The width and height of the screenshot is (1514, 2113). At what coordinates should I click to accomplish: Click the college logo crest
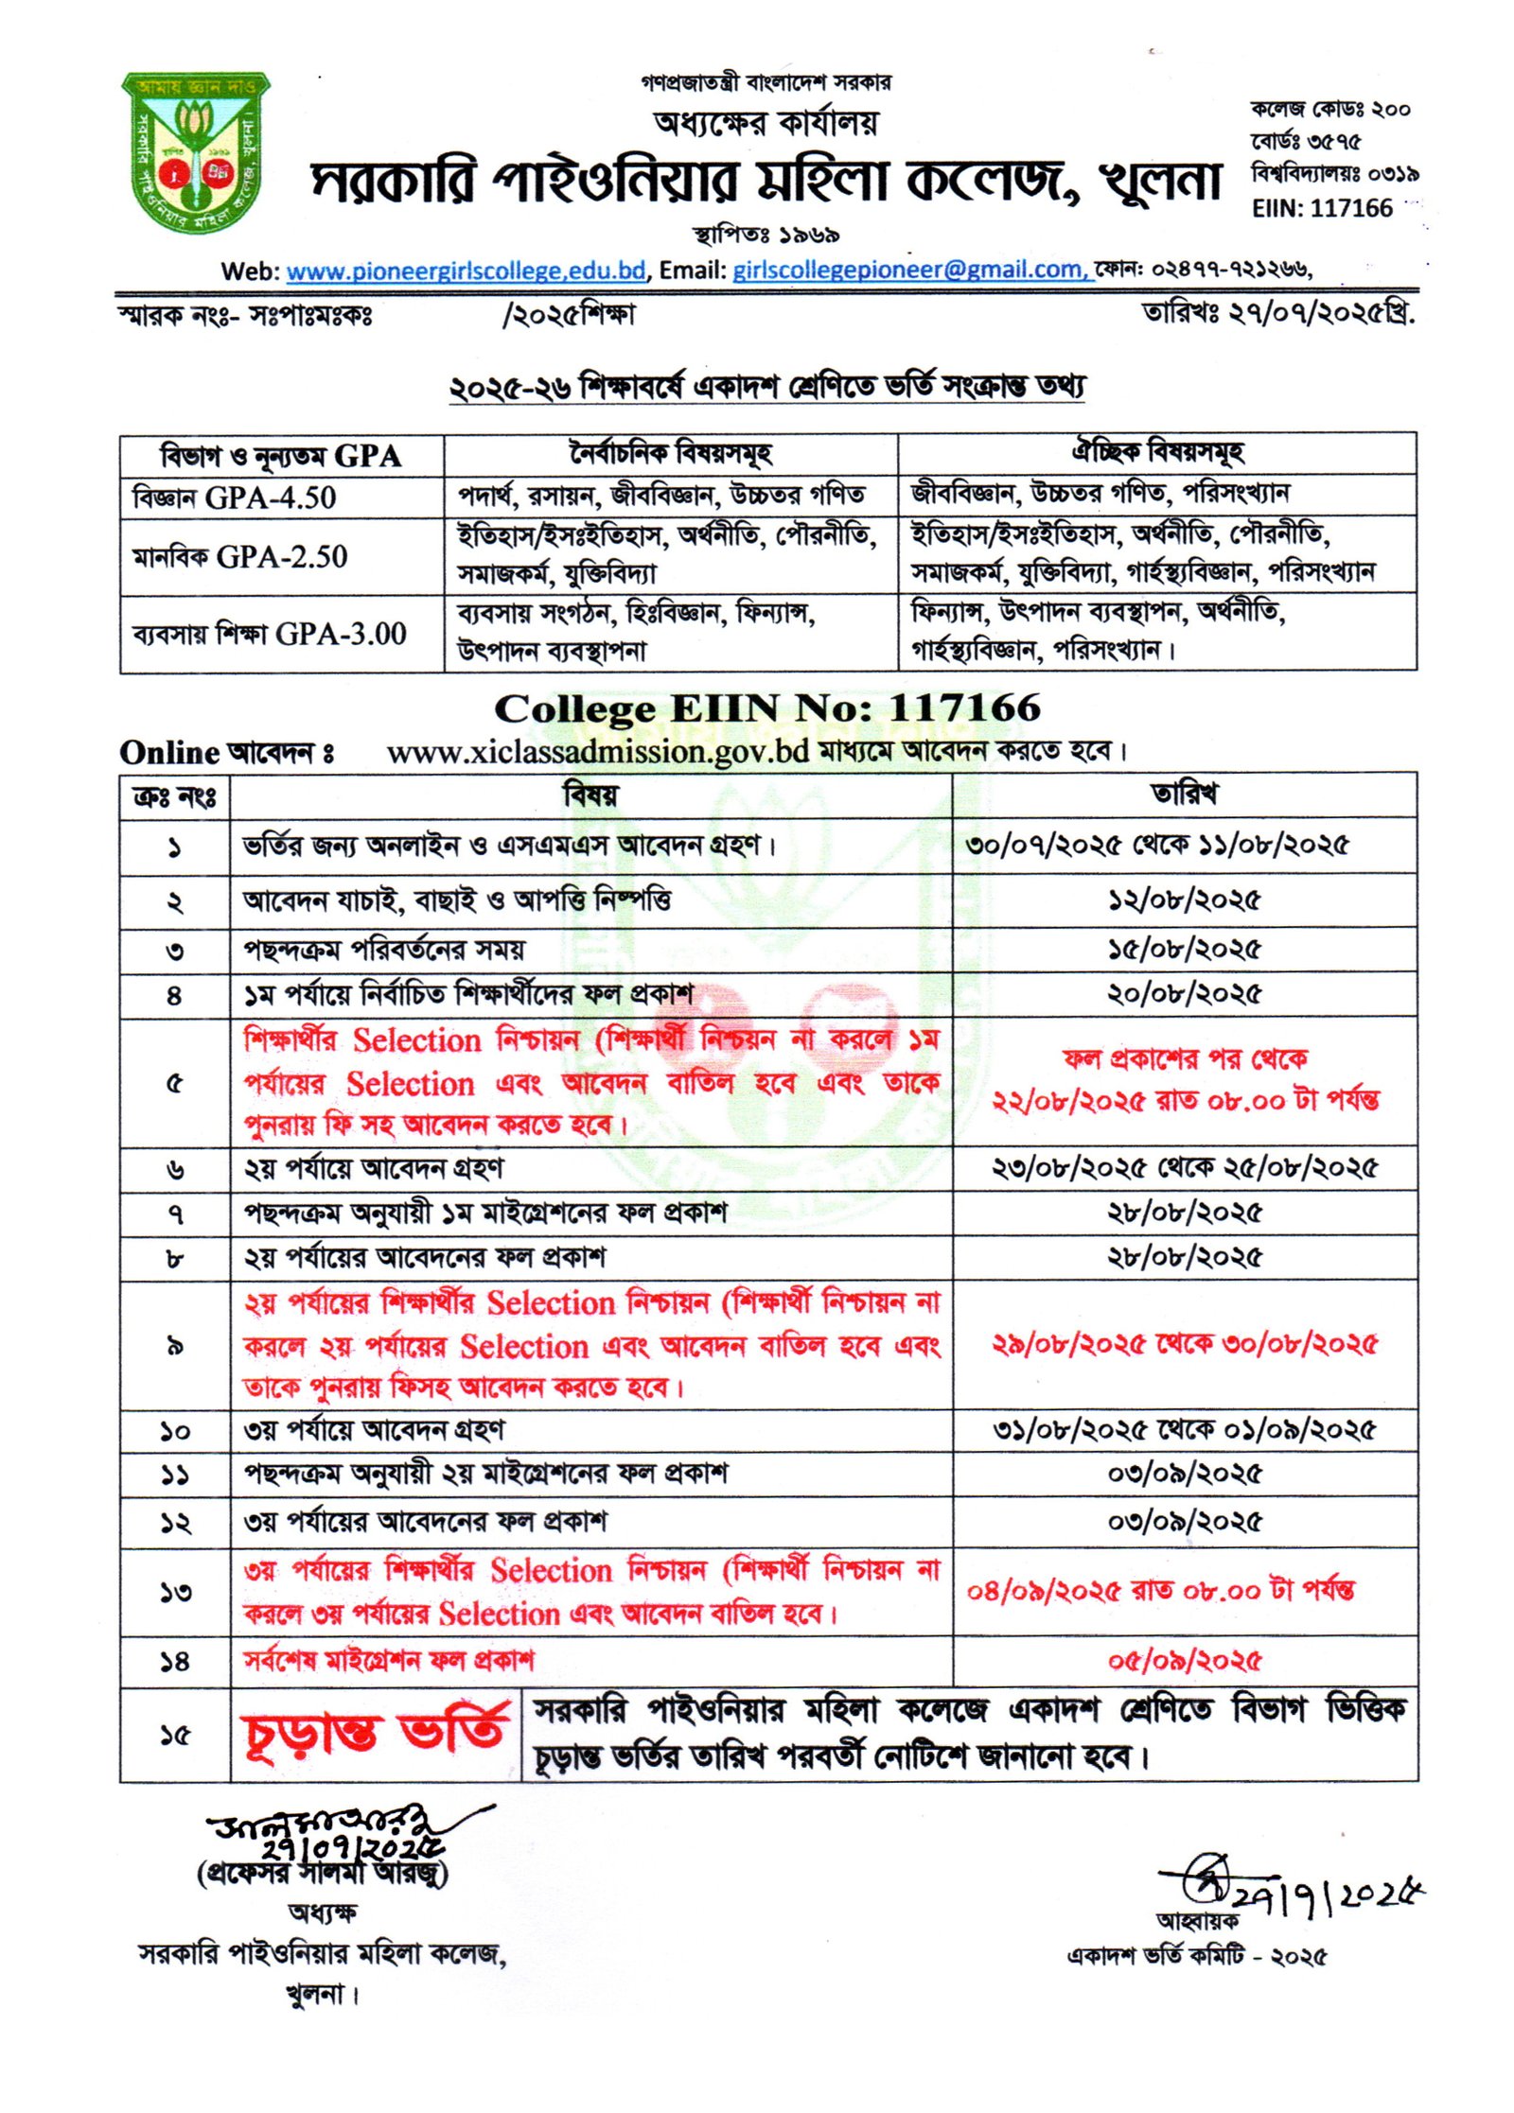tap(197, 153)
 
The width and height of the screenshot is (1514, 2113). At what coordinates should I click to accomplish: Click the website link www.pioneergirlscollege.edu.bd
tap(466, 271)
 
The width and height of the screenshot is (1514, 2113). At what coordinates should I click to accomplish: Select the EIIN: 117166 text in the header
tap(1322, 208)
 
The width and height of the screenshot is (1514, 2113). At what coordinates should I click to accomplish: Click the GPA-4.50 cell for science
tap(235, 498)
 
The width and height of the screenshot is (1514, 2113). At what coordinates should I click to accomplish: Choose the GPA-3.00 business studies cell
tap(270, 634)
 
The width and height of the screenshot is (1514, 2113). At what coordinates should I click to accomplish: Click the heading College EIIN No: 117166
tap(766, 708)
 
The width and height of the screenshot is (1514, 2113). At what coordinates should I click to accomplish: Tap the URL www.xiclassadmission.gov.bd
tap(598, 752)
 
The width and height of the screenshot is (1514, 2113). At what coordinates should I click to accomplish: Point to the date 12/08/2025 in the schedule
tap(1184, 900)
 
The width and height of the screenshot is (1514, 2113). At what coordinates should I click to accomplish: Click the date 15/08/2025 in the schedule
tap(1184, 950)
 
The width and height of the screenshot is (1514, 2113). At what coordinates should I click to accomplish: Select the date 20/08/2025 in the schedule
tap(1184, 994)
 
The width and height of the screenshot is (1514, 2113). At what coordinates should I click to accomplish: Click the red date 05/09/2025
tap(1184, 1662)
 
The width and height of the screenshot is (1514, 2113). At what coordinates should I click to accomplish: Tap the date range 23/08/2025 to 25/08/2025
tap(1184, 1169)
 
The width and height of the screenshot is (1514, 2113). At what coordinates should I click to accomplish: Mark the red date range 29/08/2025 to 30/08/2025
tap(1184, 1345)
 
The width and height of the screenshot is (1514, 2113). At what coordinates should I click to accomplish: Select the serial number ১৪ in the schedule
tap(175, 1662)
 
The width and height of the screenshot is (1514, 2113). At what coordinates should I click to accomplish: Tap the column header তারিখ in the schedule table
tap(1184, 795)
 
